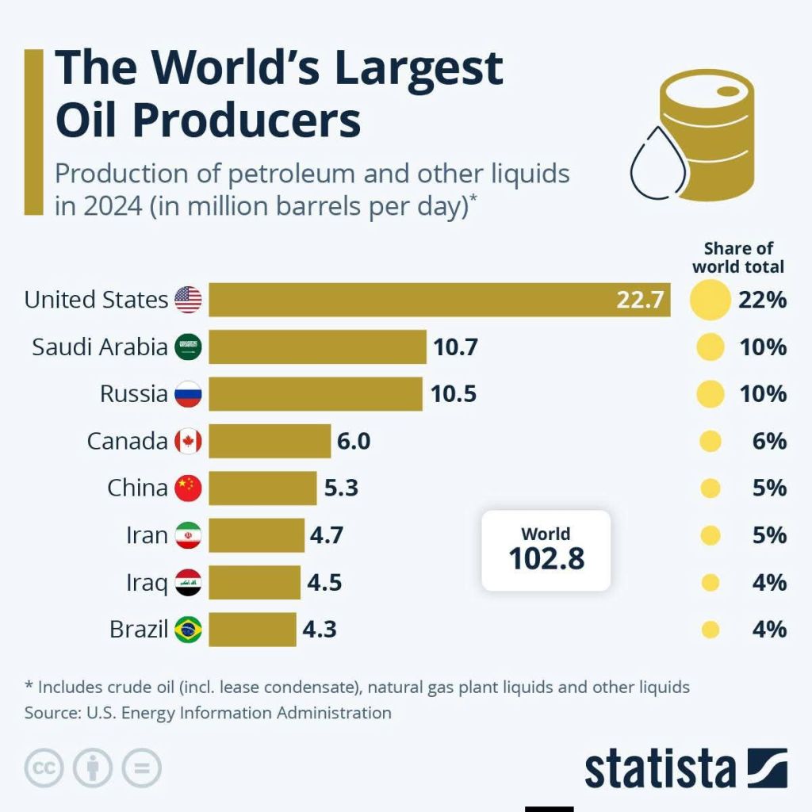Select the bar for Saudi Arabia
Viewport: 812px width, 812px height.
point(317,347)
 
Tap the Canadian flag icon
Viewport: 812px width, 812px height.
point(188,441)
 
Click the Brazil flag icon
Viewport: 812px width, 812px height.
point(188,630)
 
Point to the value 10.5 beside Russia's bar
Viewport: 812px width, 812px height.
point(454,394)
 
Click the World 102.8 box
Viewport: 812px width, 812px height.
point(546,550)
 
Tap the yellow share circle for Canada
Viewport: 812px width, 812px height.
point(710,441)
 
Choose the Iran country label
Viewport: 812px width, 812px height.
point(147,535)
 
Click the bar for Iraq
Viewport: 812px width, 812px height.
point(255,583)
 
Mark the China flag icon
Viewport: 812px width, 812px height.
point(188,488)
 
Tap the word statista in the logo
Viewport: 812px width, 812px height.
point(660,768)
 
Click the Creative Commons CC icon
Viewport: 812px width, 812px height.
point(44,768)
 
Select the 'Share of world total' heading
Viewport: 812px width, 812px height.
point(737,258)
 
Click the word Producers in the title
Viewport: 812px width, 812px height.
point(209,121)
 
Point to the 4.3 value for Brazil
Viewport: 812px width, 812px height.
point(320,630)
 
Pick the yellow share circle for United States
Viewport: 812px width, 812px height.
point(710,300)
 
